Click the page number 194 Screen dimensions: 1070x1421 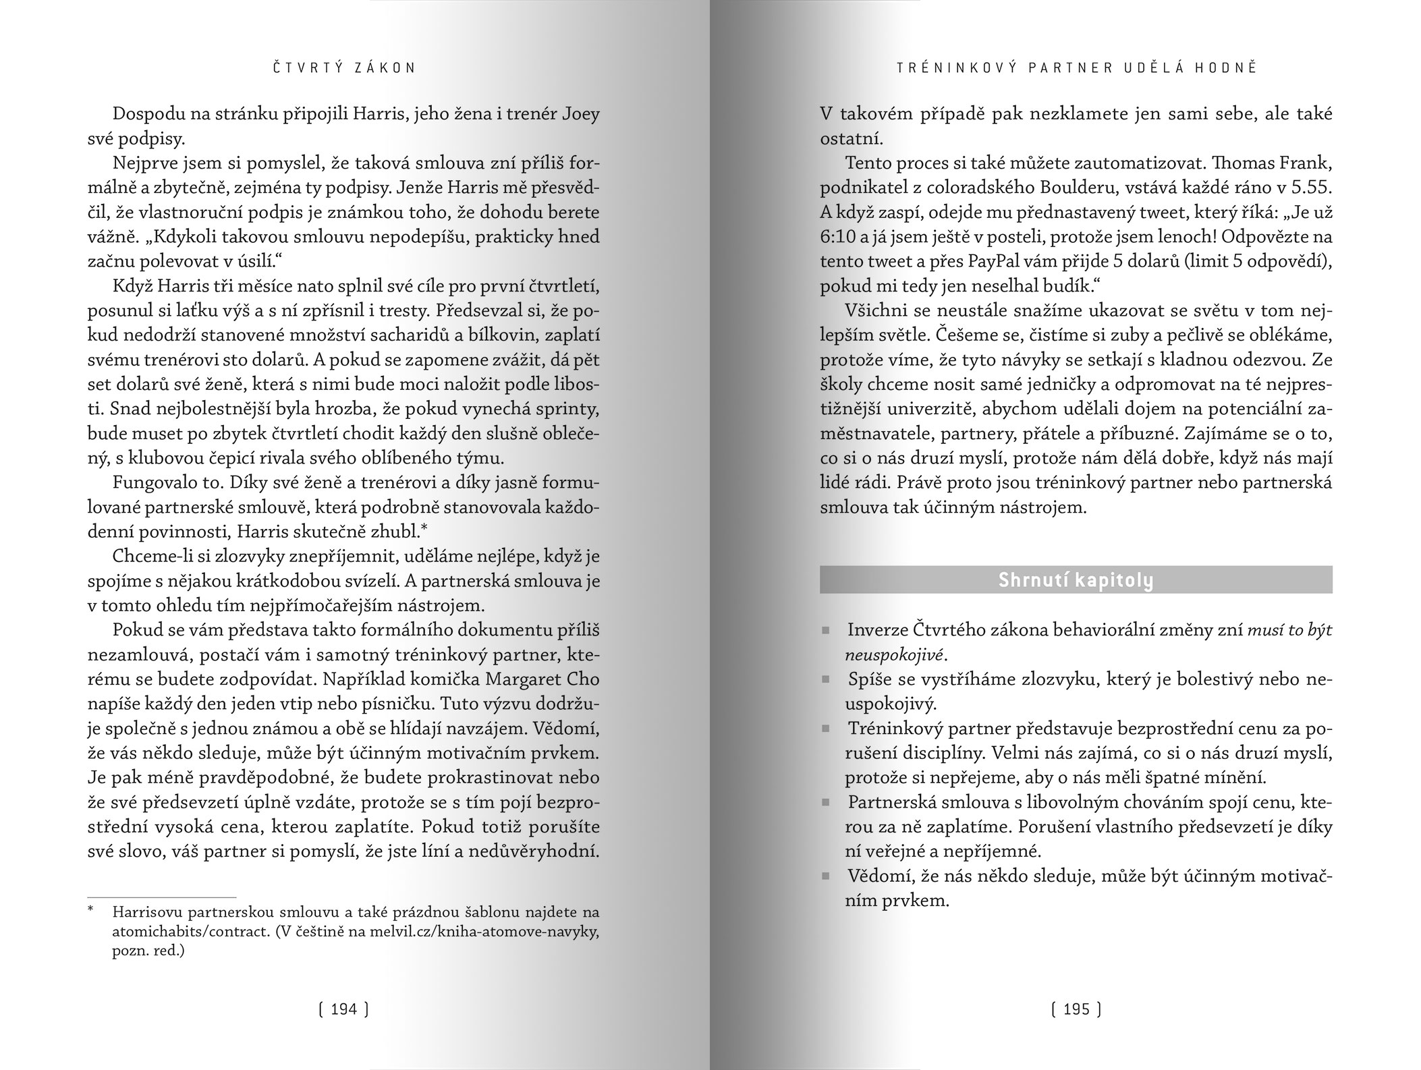tap(343, 1009)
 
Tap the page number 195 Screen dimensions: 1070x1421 tap(1076, 1009)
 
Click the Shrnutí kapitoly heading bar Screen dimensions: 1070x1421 tap(1076, 580)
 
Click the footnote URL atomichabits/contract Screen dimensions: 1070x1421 tap(184, 932)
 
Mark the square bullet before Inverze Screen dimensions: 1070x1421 tap(825, 631)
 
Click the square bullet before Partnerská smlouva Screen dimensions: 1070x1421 tap(825, 804)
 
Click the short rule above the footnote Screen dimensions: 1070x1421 tap(162, 897)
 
